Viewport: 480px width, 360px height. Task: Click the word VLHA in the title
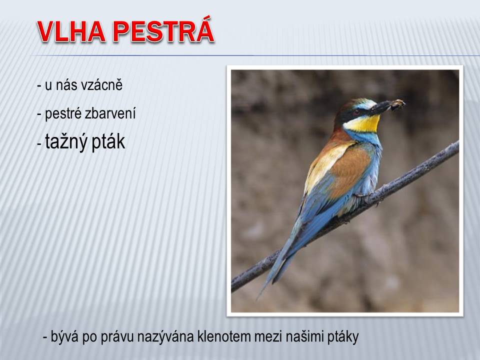(x=71, y=31)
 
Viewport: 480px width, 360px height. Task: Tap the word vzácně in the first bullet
(x=102, y=84)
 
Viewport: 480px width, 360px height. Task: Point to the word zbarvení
(x=110, y=114)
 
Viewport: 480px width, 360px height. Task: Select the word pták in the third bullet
(x=108, y=142)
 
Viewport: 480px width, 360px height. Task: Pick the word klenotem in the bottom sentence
(x=223, y=336)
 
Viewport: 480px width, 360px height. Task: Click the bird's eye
(x=355, y=112)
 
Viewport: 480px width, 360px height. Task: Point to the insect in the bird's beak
(x=397, y=104)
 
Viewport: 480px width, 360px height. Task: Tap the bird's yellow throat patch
(x=363, y=123)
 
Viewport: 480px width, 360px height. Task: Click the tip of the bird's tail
(x=258, y=298)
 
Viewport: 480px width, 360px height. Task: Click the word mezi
(x=269, y=336)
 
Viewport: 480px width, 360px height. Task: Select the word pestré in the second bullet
(x=63, y=114)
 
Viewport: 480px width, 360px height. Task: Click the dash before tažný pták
(x=39, y=144)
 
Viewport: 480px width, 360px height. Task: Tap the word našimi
(x=305, y=336)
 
